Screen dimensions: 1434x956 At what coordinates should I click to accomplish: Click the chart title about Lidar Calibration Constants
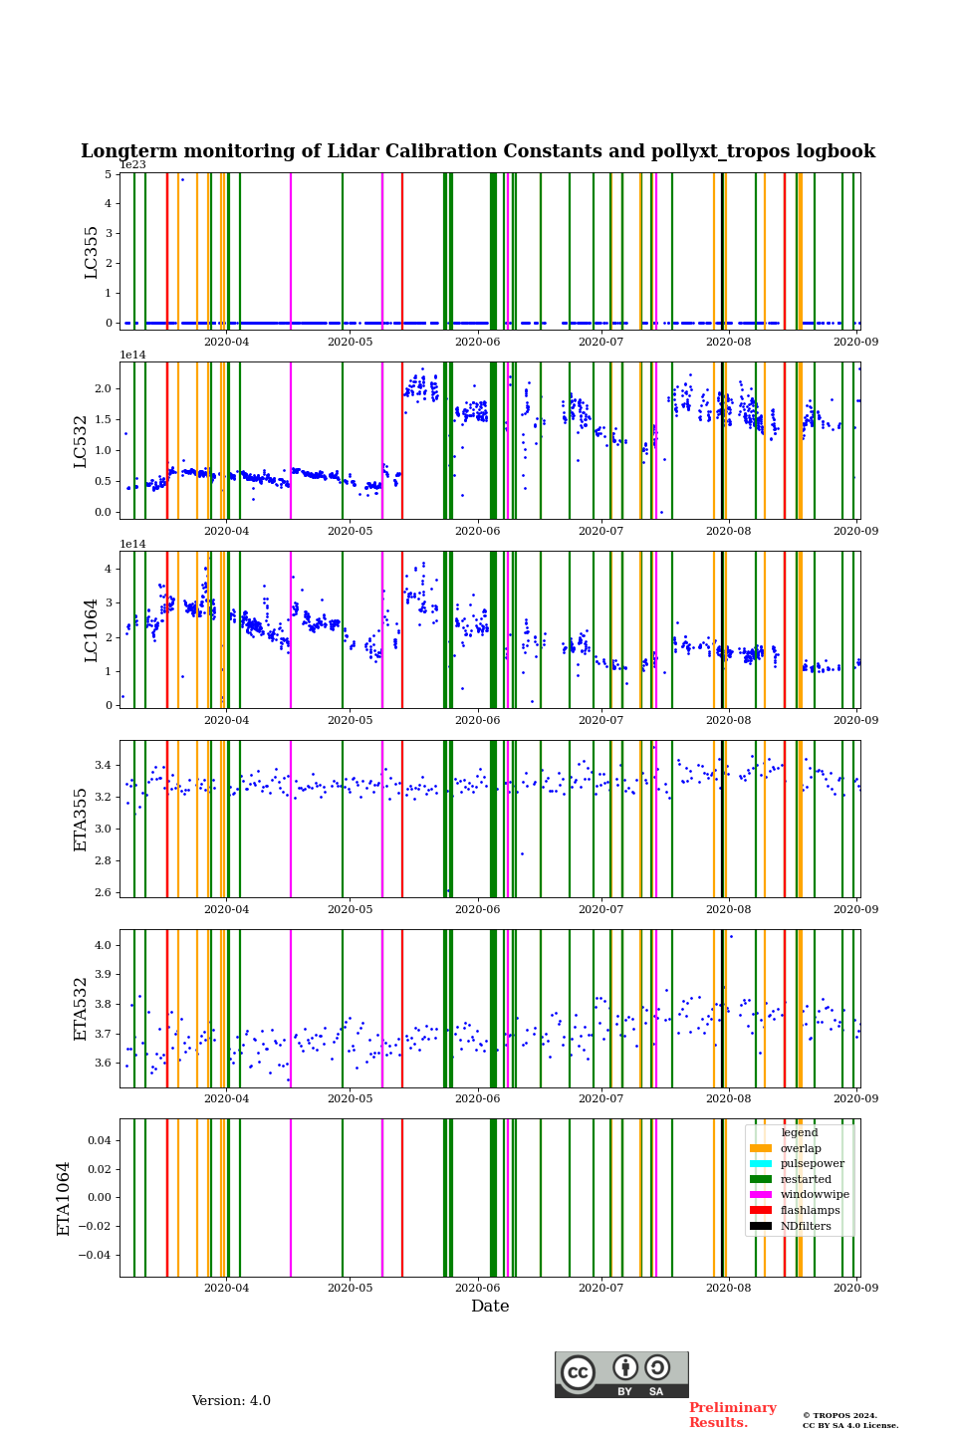[x=478, y=151]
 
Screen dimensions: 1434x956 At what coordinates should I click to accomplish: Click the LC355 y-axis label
[x=92, y=252]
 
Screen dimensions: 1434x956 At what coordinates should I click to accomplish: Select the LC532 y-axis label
[x=82, y=441]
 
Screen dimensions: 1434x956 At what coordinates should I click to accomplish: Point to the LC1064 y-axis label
[x=92, y=630]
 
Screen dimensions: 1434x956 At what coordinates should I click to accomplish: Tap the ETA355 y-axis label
[x=82, y=820]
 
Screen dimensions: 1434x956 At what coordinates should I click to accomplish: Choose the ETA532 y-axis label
[x=82, y=1009]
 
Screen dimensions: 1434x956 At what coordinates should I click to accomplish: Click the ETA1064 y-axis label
[x=64, y=1198]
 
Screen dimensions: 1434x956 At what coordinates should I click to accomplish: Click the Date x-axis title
[x=490, y=1307]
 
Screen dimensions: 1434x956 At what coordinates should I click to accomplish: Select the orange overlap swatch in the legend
[x=761, y=1148]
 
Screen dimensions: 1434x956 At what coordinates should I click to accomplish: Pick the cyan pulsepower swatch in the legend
[x=761, y=1164]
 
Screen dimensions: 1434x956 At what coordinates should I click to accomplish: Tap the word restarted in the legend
[x=806, y=1179]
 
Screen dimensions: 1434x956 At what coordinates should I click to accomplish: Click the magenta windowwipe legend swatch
[x=761, y=1195]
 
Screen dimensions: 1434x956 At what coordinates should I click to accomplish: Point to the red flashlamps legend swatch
[x=761, y=1210]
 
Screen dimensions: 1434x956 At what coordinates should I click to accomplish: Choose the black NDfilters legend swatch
[x=761, y=1226]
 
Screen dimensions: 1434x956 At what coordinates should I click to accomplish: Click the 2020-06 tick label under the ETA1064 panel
[x=477, y=1288]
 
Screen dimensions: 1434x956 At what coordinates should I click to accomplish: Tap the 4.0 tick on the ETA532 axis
[x=102, y=945]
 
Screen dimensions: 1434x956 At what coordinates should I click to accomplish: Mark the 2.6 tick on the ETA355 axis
[x=102, y=892]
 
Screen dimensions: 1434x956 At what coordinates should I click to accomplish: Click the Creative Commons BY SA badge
[x=621, y=1374]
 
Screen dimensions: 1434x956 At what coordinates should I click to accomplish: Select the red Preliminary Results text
[x=732, y=1415]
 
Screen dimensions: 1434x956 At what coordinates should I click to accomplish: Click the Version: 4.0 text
[x=231, y=1401]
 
